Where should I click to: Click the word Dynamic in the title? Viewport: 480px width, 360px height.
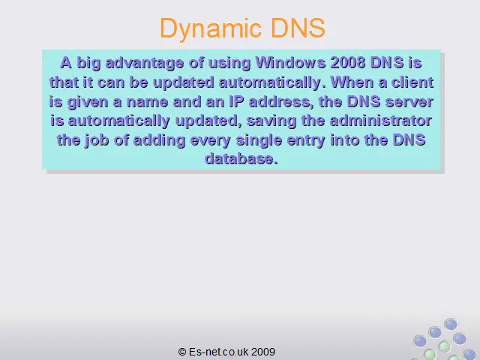(210, 28)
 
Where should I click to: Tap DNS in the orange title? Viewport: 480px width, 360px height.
(298, 28)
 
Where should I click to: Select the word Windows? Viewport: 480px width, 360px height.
(290, 63)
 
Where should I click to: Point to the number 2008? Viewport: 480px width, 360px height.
(348, 63)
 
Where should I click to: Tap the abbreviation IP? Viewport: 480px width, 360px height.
(236, 101)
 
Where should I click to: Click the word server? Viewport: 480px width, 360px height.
(409, 102)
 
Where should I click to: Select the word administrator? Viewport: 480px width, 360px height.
(380, 121)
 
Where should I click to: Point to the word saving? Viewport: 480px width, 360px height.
(271, 121)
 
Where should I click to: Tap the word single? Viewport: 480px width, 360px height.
(259, 140)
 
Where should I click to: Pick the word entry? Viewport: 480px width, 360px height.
(306, 141)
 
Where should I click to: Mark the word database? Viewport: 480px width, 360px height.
(241, 159)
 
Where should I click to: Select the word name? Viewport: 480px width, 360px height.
(147, 102)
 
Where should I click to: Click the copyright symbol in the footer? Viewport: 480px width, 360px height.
(182, 352)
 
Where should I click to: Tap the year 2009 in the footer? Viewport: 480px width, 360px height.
(263, 352)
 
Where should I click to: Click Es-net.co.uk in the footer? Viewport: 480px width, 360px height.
(219, 352)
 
